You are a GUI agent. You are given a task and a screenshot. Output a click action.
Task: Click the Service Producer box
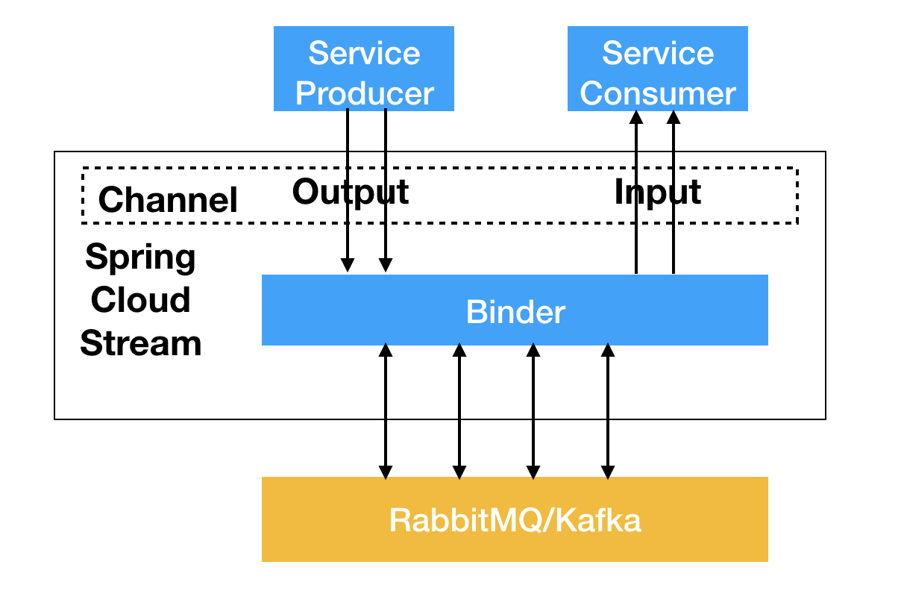364,69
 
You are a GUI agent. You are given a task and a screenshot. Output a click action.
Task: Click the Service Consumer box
658,69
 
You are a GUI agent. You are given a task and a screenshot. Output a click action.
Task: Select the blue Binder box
515,310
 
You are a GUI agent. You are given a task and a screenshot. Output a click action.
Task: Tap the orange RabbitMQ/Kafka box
515,519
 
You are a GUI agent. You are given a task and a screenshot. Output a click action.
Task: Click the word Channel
168,200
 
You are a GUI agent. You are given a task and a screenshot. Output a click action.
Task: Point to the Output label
351,193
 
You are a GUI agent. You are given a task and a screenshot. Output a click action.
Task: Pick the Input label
658,193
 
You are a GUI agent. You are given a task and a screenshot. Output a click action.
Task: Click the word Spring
140,257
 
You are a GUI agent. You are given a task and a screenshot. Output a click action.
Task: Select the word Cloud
140,299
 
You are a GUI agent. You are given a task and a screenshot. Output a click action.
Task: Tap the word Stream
140,343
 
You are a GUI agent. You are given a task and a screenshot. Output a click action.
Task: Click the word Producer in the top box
365,93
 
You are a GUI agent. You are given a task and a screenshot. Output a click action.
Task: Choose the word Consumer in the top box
658,93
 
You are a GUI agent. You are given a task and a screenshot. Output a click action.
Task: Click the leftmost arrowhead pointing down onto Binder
348,265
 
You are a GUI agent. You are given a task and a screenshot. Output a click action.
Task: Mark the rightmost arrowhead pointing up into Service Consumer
674,117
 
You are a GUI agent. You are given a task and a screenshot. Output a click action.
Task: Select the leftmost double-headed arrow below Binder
386,411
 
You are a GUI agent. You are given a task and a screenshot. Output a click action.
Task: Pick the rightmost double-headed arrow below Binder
608,411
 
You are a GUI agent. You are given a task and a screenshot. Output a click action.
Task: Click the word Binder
515,312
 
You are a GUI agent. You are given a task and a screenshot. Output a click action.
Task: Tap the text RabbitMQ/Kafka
515,521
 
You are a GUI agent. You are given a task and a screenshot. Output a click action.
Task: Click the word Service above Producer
365,53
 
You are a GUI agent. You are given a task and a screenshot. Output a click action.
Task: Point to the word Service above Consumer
658,53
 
